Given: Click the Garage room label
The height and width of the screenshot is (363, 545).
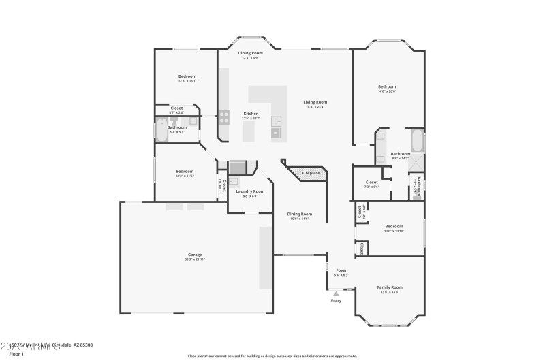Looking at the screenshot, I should pos(195,255).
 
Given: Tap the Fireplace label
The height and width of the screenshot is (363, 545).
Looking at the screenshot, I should pos(311,173).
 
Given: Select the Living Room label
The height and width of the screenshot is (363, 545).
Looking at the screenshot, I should pos(315,102).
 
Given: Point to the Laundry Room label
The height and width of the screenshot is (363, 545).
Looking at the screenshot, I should pos(250,191).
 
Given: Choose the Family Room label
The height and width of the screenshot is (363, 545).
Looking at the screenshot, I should pos(390,287).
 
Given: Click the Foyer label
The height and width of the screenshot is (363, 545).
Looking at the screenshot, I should pos(341,270).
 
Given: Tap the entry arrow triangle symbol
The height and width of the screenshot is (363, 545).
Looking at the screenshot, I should pos(336,294).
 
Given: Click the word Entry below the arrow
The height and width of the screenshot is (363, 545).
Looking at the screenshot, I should pos(336,300).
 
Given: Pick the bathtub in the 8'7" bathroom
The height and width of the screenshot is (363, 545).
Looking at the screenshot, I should pos(161,129).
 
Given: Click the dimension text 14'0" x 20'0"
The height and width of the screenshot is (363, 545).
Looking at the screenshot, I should pos(387,91).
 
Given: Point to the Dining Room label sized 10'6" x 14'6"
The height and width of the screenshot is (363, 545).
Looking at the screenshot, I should pos(300,214).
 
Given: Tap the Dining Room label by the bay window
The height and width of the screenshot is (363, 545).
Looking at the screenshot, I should pos(250,53).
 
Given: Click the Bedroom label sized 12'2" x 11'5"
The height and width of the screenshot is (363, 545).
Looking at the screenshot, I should pos(185,171).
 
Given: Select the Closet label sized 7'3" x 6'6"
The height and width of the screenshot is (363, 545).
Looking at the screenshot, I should pos(371,182).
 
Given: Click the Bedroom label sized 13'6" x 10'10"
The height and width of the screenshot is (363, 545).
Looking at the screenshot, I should pos(394,226).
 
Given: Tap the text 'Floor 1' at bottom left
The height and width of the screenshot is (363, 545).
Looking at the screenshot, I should pos(16,354).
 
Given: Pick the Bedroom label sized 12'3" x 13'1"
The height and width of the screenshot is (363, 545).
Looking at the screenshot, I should pos(187,76).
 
